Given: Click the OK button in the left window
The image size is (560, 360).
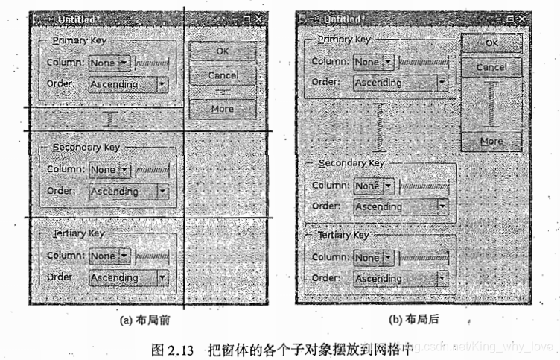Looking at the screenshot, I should pos(222,51).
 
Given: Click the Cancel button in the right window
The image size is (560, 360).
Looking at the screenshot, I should pos(491,67).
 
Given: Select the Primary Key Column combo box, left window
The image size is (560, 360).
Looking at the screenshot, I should pos(109,63).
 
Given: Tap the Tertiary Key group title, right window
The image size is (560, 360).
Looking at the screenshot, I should pos(343,235).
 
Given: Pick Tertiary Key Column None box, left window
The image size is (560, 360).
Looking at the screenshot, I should pos(109,256).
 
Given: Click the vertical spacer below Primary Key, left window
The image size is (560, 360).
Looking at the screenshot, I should pos(109,119).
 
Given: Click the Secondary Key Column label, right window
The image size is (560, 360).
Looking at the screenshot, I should pos(331,186).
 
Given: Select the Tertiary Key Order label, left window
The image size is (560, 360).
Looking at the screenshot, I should pos(61,277).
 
